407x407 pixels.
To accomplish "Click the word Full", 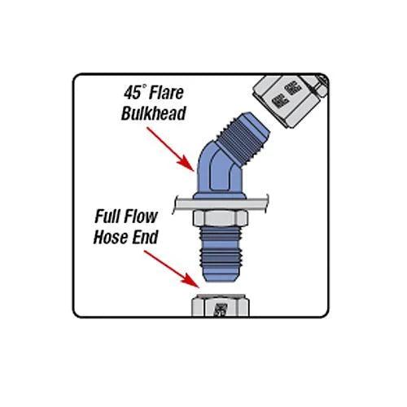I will (111, 219).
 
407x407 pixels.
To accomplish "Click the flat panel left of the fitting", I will (183, 201).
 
